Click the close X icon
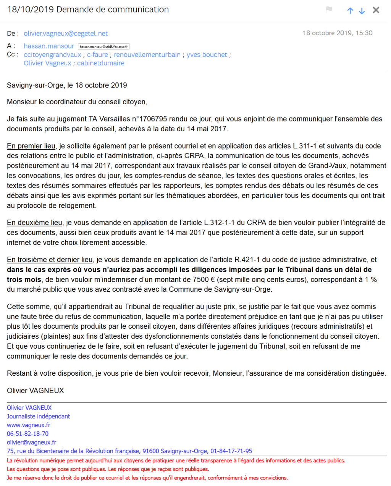point(376,10)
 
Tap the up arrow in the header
point(350,11)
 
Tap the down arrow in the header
point(362,11)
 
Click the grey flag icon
point(329,9)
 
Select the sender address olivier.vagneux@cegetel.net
point(66,34)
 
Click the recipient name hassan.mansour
point(49,46)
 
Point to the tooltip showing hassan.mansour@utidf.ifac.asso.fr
point(103,47)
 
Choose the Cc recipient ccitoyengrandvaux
point(52,55)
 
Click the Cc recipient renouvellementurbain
point(147,55)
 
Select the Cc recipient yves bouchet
point(207,55)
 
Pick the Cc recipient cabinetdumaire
point(100,63)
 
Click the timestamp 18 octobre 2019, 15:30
point(338,33)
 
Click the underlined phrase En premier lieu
point(31,146)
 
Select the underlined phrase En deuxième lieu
point(34,223)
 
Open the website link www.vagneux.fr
point(29,425)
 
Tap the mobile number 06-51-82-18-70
point(27,434)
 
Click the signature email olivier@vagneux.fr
point(31,442)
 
